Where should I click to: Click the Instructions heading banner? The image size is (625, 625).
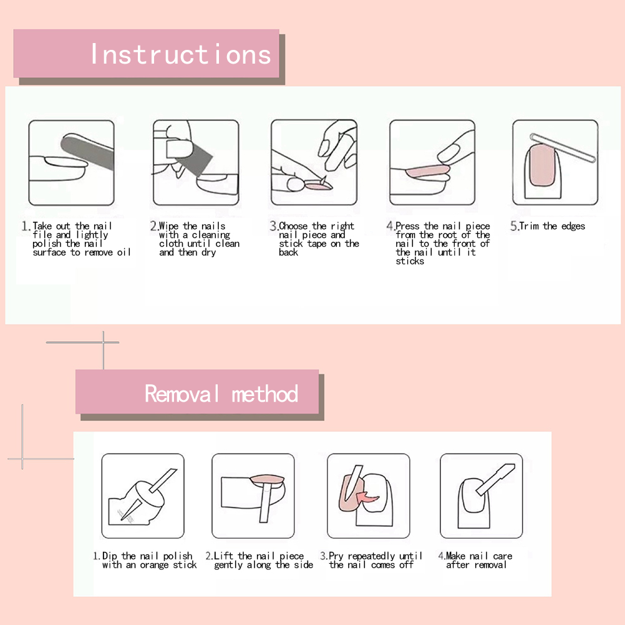click(147, 54)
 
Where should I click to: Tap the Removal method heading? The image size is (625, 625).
click(221, 394)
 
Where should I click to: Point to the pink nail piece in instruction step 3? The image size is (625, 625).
click(318, 186)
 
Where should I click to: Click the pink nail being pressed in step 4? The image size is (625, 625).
click(427, 172)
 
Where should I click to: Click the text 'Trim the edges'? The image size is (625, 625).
click(552, 226)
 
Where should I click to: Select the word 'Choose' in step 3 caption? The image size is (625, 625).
click(293, 226)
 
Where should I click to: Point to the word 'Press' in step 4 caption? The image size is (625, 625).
click(407, 226)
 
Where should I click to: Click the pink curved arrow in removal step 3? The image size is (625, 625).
click(367, 497)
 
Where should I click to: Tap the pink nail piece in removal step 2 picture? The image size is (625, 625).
click(268, 478)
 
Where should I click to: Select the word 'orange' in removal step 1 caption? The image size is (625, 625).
click(154, 565)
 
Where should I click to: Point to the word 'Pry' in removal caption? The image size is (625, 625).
click(336, 556)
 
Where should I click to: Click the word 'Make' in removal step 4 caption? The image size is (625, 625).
click(455, 556)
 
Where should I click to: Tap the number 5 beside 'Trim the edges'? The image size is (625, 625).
click(514, 226)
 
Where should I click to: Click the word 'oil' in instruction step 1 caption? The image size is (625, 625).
click(124, 253)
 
